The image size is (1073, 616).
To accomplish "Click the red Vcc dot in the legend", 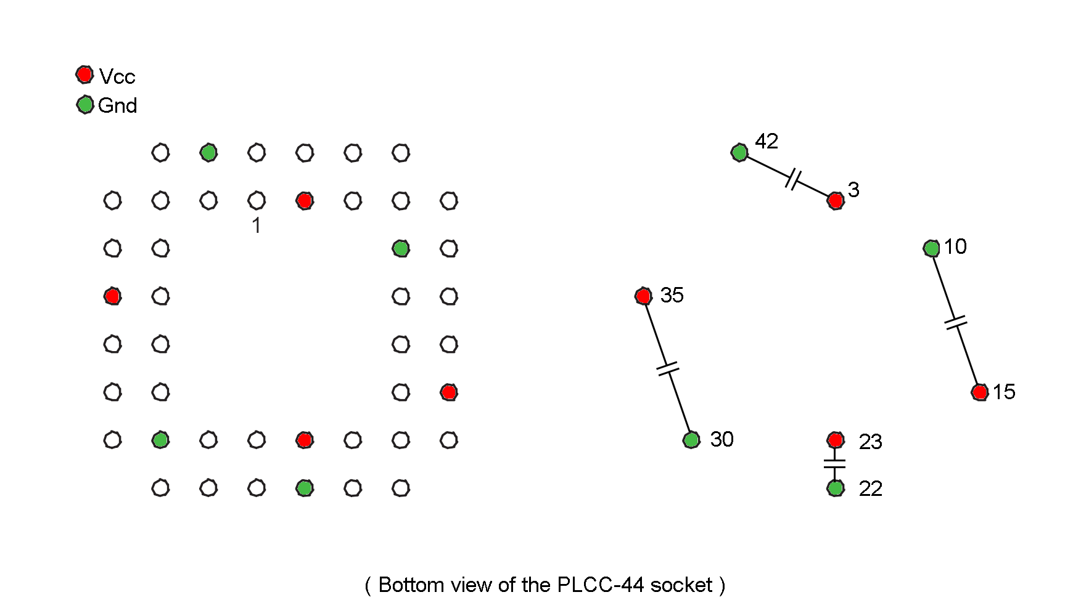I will (84, 75).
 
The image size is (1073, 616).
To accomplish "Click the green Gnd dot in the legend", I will (84, 105).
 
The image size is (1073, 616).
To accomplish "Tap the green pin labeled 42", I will (739, 152).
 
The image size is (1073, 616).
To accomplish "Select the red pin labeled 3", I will (836, 200).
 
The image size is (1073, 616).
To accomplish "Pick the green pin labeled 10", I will (931, 248).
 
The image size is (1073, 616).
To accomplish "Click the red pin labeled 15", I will (979, 392).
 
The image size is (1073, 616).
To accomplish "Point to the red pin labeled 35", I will (643, 296).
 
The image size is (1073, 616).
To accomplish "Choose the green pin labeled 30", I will (691, 440).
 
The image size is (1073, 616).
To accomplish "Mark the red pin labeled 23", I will (836, 440).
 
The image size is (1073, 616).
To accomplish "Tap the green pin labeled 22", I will (836, 488).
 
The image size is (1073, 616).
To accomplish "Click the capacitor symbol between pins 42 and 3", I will (794, 179).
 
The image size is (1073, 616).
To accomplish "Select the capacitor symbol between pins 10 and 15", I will (955, 322).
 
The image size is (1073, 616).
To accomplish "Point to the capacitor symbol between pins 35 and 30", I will (667, 368).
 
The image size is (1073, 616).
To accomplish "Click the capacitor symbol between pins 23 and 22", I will (835, 463).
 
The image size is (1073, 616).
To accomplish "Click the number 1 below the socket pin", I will (257, 226).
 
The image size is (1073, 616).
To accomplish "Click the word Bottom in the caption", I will (411, 585).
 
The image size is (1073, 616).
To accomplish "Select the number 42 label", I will (767, 142).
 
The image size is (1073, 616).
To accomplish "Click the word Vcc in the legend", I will (117, 77).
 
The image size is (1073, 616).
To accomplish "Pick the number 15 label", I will (1004, 392).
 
